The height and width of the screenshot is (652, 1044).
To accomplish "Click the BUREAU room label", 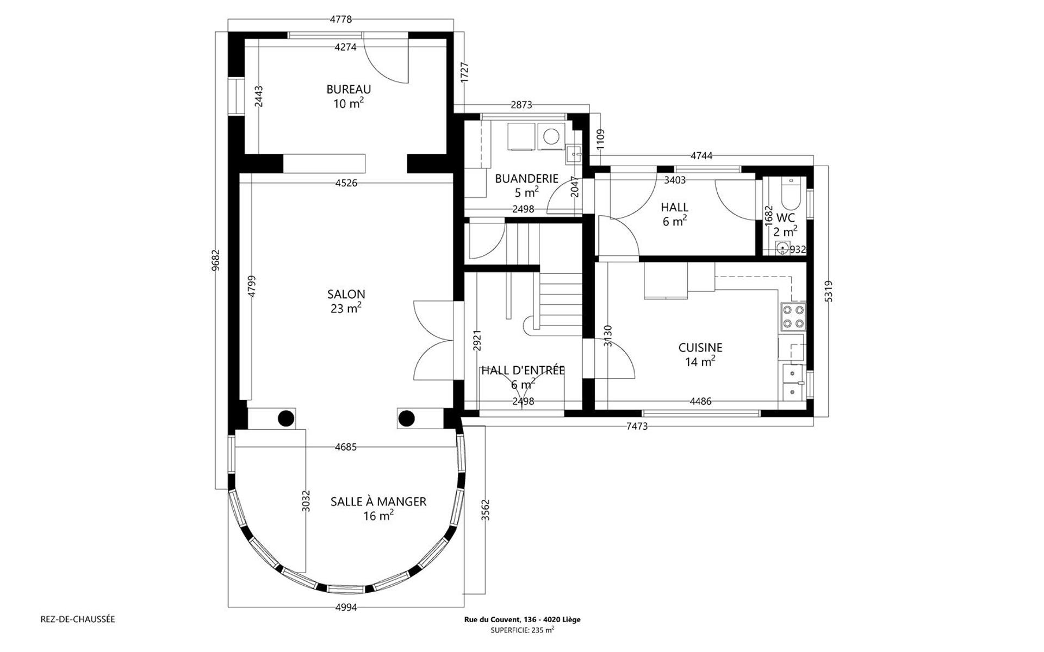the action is pos(349,90).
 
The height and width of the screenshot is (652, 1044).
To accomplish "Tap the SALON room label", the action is pos(346,294).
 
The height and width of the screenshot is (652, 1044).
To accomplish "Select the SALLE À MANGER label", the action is pos(378,501).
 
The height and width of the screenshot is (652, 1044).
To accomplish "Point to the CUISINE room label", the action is pos(700,348).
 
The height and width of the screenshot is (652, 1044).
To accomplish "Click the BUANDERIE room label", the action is pos(526,178).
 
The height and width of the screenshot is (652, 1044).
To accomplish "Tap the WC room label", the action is pos(786,218).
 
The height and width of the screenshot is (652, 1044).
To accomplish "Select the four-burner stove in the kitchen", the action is pos(793,317).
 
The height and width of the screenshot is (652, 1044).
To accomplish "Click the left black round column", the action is pos(286,418).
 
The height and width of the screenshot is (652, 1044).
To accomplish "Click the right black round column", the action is pos(406,418).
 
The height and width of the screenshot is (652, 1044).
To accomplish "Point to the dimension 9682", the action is pos(216,260).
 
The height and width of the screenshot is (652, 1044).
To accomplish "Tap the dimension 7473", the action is pos(637,427).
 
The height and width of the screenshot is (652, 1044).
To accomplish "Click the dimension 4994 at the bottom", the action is pos(346,608).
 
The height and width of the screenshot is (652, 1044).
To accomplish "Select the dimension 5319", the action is pos(828,291).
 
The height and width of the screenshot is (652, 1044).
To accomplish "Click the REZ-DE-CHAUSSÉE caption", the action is pos(78,619).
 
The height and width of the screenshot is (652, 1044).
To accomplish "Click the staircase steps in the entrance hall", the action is pos(561,299).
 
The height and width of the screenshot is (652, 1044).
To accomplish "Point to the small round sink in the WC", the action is pos(783,248).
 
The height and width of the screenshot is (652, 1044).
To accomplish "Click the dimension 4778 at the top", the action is pos(341,20).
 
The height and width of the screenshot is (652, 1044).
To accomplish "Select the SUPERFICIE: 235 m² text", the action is pos(522,630).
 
